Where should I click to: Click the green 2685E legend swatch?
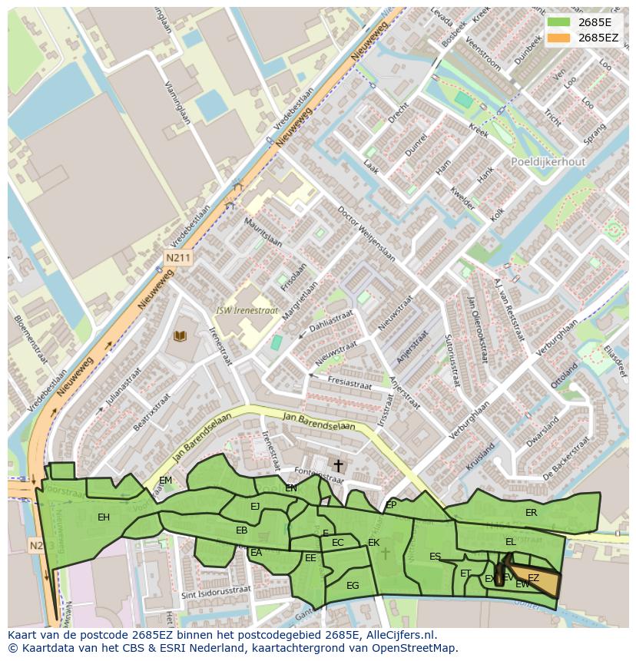(x=559, y=22)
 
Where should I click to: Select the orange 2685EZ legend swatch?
(x=559, y=37)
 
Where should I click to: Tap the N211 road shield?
(x=177, y=258)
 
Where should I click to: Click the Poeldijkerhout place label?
(x=548, y=162)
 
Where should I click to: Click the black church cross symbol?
(x=338, y=465)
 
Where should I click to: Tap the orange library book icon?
(x=181, y=336)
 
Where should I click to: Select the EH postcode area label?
(x=104, y=517)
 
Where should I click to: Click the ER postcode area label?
(x=531, y=512)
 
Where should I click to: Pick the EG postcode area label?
(x=353, y=585)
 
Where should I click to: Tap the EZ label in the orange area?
(x=533, y=577)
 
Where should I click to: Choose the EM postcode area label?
(x=165, y=481)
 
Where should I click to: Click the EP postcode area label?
(x=391, y=504)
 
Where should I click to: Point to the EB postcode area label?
(x=241, y=530)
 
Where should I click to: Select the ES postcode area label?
(x=436, y=557)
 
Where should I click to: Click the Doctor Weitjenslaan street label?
(x=366, y=235)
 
